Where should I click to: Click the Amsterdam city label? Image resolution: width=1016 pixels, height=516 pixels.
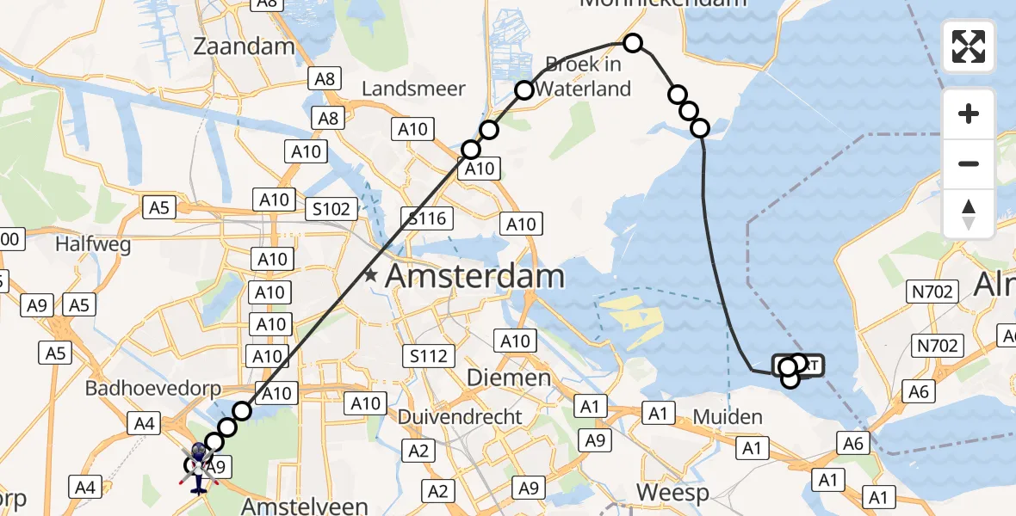pos(474,277)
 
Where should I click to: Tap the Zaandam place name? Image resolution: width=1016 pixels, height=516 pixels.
pos(245,46)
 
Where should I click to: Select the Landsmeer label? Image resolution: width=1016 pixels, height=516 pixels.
pos(413,89)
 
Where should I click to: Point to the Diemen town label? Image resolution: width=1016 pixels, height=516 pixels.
pos(508,378)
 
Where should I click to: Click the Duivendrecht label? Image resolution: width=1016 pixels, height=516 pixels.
pos(460,417)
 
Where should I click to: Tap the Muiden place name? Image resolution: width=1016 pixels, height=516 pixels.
pos(728,417)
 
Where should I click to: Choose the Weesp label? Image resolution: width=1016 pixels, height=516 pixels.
pos(672,492)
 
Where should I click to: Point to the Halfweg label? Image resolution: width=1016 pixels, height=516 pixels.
pos(93,245)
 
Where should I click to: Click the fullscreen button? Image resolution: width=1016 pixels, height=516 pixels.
pos(969,46)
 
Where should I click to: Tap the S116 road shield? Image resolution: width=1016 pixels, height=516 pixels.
pos(428,218)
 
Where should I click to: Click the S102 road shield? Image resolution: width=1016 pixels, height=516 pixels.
pos(331,208)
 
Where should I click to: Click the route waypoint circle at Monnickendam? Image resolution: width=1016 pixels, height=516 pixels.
pos(633,43)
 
